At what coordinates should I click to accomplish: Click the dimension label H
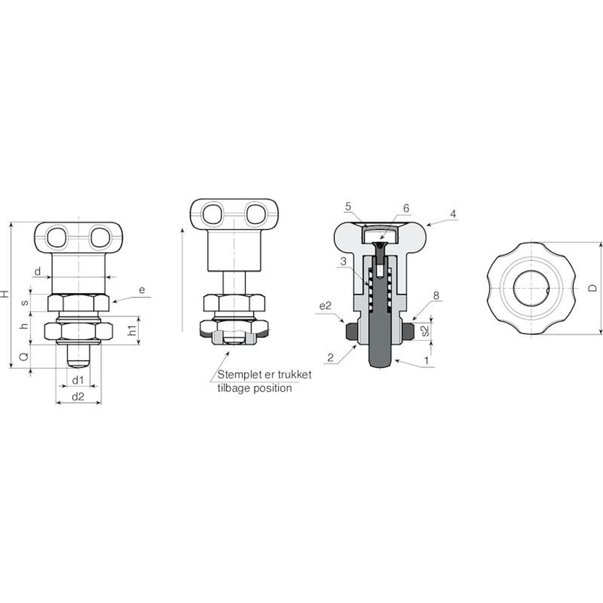[x=5, y=294]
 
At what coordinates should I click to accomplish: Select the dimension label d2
[x=78, y=396]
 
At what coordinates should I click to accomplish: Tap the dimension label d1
[x=78, y=380]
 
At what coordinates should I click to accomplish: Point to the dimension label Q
[x=24, y=357]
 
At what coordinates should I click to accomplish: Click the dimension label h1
[x=132, y=331]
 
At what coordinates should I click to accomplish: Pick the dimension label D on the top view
[x=593, y=288]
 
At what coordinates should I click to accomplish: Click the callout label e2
[x=325, y=306]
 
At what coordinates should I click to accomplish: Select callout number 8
[x=436, y=295]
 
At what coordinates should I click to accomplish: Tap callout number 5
[x=348, y=207]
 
